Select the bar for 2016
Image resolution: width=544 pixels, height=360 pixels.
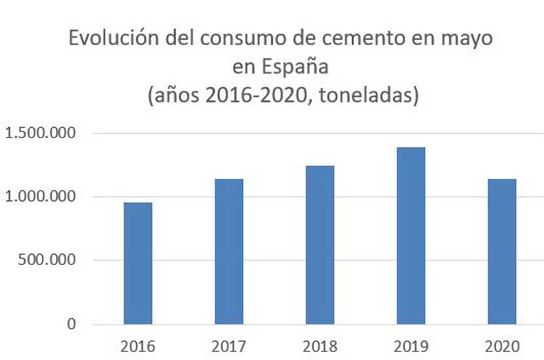138,263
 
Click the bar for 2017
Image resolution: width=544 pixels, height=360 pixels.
228,251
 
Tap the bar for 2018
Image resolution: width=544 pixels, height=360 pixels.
319,245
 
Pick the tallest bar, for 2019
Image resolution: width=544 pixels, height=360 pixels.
410,236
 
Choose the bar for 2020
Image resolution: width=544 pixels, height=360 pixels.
501,251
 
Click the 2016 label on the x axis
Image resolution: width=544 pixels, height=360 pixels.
138,346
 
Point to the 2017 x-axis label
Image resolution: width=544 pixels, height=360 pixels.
228,346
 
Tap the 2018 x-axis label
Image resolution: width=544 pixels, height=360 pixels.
319,346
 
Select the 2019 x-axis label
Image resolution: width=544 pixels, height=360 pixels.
410,346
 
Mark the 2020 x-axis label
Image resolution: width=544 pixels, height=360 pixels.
501,346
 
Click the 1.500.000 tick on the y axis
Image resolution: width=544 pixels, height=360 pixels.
41,134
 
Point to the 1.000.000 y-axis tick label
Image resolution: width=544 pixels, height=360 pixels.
41,197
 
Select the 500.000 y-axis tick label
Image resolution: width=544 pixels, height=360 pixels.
49,261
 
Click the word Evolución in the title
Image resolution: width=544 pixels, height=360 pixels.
107,39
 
